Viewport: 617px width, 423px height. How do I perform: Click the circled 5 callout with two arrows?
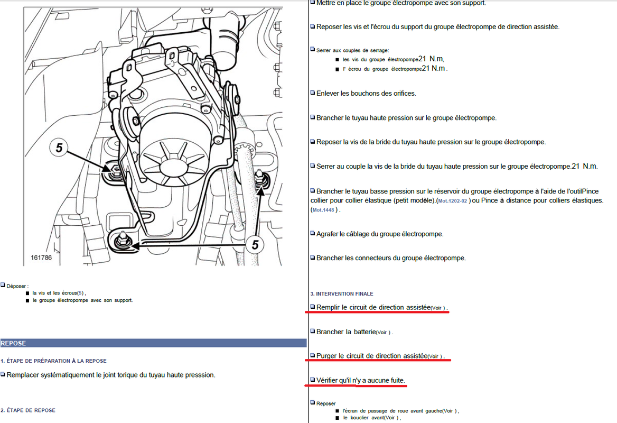(x=255, y=244)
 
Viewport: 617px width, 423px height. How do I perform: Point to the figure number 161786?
(x=41, y=258)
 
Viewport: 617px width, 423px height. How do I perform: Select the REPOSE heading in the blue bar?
(x=13, y=343)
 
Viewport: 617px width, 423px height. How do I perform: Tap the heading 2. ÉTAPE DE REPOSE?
(x=28, y=410)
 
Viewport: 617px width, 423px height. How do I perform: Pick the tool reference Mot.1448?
(x=324, y=210)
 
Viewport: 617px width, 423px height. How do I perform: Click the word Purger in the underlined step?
(x=328, y=356)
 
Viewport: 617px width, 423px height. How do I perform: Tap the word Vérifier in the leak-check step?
(x=329, y=381)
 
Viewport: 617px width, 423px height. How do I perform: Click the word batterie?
(x=362, y=332)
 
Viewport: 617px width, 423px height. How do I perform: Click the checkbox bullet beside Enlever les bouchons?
(x=312, y=93)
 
